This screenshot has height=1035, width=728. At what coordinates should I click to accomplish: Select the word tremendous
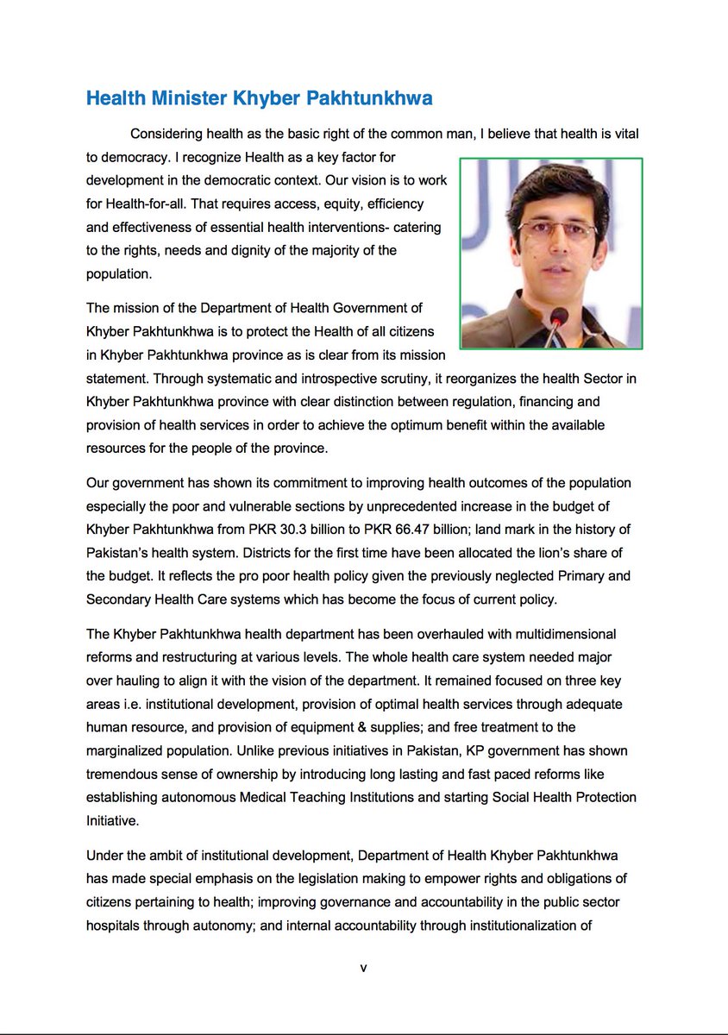pos(126,774)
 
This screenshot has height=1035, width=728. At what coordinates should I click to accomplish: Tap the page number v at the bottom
pos(363,969)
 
